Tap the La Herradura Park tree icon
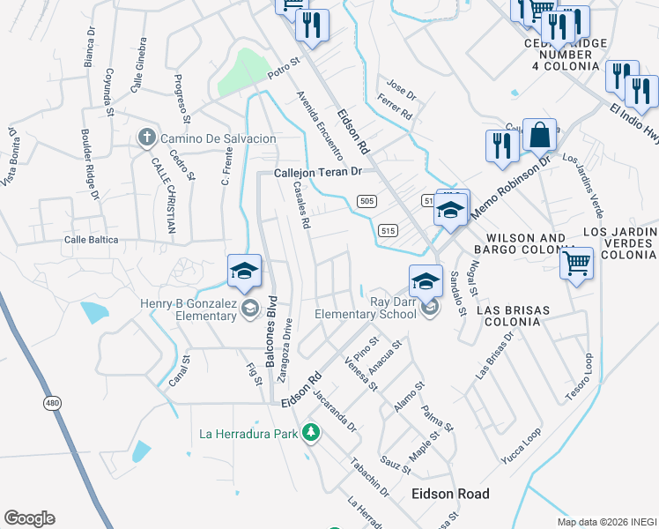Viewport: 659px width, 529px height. (310, 432)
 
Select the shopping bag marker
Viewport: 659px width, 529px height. (539, 137)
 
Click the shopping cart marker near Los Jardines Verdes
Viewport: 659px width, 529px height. (577, 262)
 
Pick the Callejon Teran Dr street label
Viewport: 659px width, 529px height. (318, 173)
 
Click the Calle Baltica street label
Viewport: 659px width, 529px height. (90, 240)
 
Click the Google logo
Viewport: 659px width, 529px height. (29, 518)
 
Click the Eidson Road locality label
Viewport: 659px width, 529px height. (450, 495)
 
